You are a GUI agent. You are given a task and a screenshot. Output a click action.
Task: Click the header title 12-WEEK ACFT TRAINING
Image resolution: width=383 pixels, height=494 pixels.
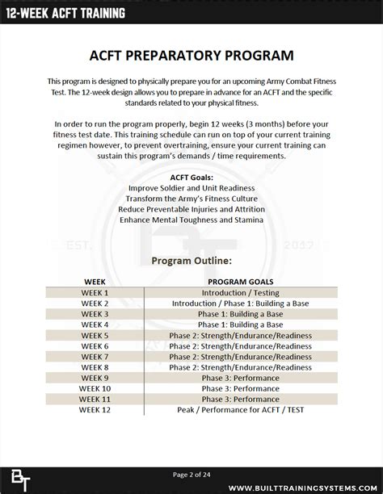[x=69, y=12]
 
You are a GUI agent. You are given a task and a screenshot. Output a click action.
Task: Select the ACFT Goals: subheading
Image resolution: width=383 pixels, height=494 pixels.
[x=191, y=177]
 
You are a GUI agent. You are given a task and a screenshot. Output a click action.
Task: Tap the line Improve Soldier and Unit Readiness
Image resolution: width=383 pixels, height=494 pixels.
[x=191, y=188]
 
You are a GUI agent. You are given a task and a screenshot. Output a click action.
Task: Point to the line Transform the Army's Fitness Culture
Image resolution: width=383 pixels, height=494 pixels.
[x=191, y=199]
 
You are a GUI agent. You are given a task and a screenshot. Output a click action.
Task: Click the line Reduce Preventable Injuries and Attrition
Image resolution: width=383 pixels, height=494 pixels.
[x=191, y=209]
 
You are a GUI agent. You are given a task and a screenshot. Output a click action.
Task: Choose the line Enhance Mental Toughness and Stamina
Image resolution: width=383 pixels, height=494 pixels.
[x=191, y=220]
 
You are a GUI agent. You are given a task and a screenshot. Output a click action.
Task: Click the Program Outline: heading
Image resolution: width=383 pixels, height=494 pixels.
[x=191, y=261]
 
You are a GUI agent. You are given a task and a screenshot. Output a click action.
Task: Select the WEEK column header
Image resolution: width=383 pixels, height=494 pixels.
[x=95, y=282]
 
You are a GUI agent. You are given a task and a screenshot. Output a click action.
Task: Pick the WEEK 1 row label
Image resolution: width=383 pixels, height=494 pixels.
[x=95, y=292]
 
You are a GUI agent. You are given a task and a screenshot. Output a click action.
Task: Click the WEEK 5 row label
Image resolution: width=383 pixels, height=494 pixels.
[x=95, y=335]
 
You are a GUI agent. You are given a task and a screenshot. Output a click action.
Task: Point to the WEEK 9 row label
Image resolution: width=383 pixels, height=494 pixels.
[x=95, y=377]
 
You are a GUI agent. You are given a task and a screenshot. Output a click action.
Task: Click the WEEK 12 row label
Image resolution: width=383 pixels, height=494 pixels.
[x=95, y=409]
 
